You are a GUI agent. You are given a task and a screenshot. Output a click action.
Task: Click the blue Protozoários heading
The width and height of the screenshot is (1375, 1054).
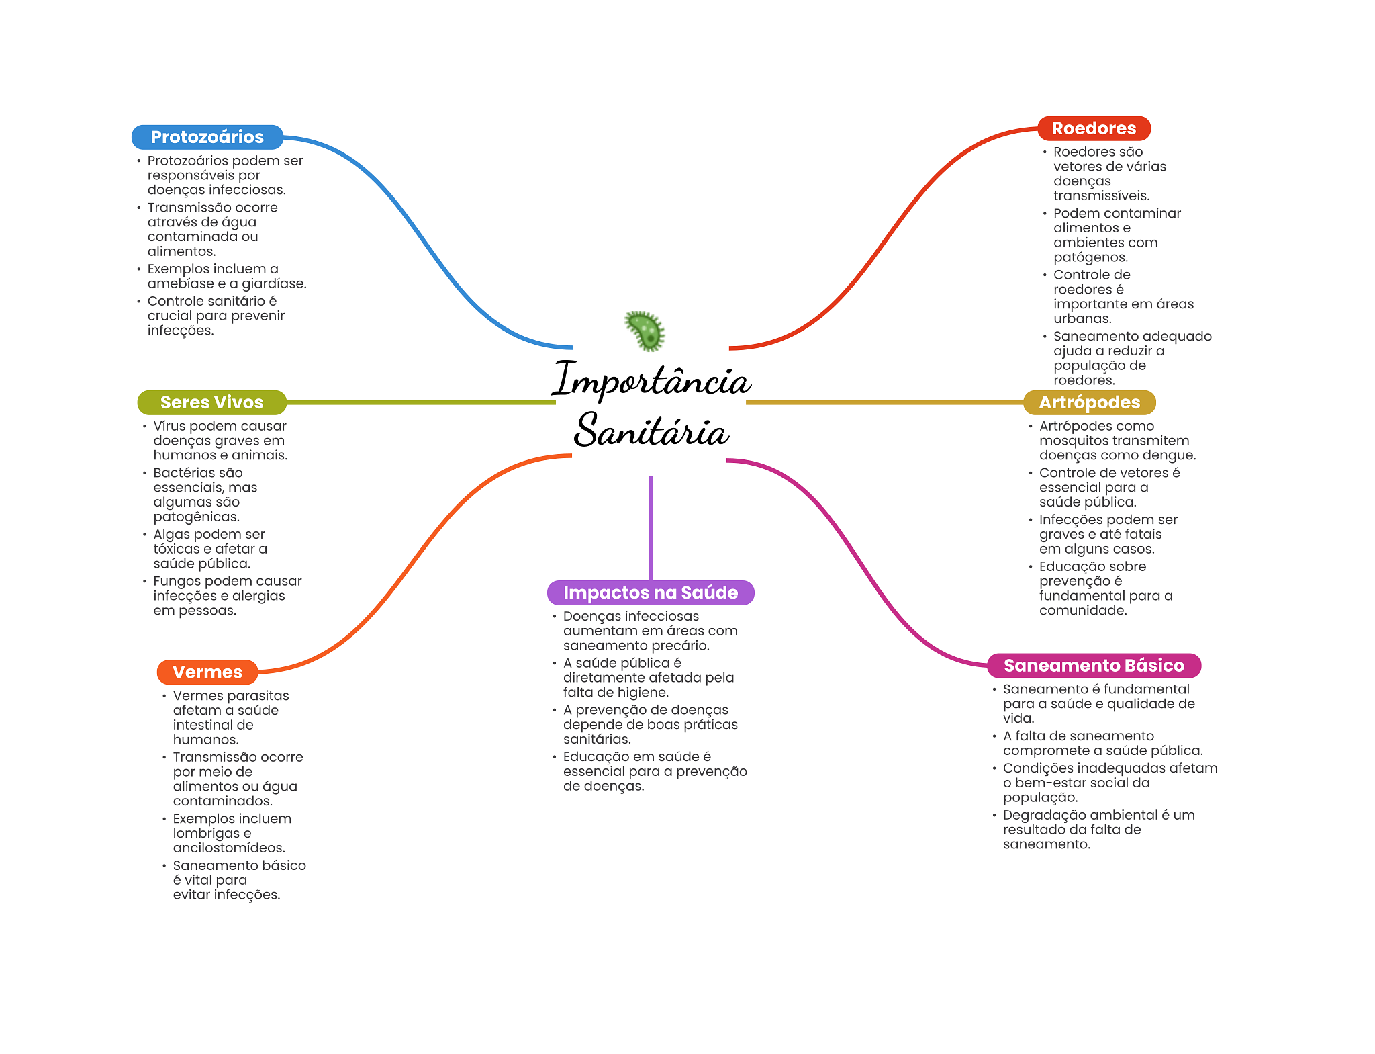(x=207, y=137)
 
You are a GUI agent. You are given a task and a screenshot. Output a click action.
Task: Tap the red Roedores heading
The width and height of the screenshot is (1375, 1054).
(x=1093, y=128)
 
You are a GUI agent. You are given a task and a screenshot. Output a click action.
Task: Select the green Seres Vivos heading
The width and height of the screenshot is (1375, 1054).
(x=211, y=402)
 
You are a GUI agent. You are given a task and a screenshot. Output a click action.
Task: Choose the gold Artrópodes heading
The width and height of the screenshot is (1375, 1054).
(x=1089, y=402)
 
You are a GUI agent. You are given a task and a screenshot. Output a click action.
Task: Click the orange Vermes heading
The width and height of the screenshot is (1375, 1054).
(x=207, y=672)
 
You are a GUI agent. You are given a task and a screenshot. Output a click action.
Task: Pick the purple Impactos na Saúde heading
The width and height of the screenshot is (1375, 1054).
(x=650, y=592)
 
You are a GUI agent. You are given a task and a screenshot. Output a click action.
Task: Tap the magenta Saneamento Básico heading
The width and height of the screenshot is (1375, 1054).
(x=1093, y=666)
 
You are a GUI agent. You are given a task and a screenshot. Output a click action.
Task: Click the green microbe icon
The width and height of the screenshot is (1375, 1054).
(x=645, y=331)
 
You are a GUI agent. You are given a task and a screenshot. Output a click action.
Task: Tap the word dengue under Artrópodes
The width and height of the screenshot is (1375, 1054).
(x=1168, y=455)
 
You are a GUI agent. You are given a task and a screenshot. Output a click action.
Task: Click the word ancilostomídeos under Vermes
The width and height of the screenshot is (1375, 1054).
(x=228, y=848)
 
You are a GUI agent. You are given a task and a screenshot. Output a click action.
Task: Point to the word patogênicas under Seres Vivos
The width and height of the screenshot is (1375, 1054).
(x=195, y=517)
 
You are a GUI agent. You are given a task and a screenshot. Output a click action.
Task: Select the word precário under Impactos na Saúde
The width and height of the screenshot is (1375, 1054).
(x=681, y=646)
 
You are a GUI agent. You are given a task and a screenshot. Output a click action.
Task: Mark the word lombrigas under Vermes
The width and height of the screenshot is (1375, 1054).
(x=205, y=833)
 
